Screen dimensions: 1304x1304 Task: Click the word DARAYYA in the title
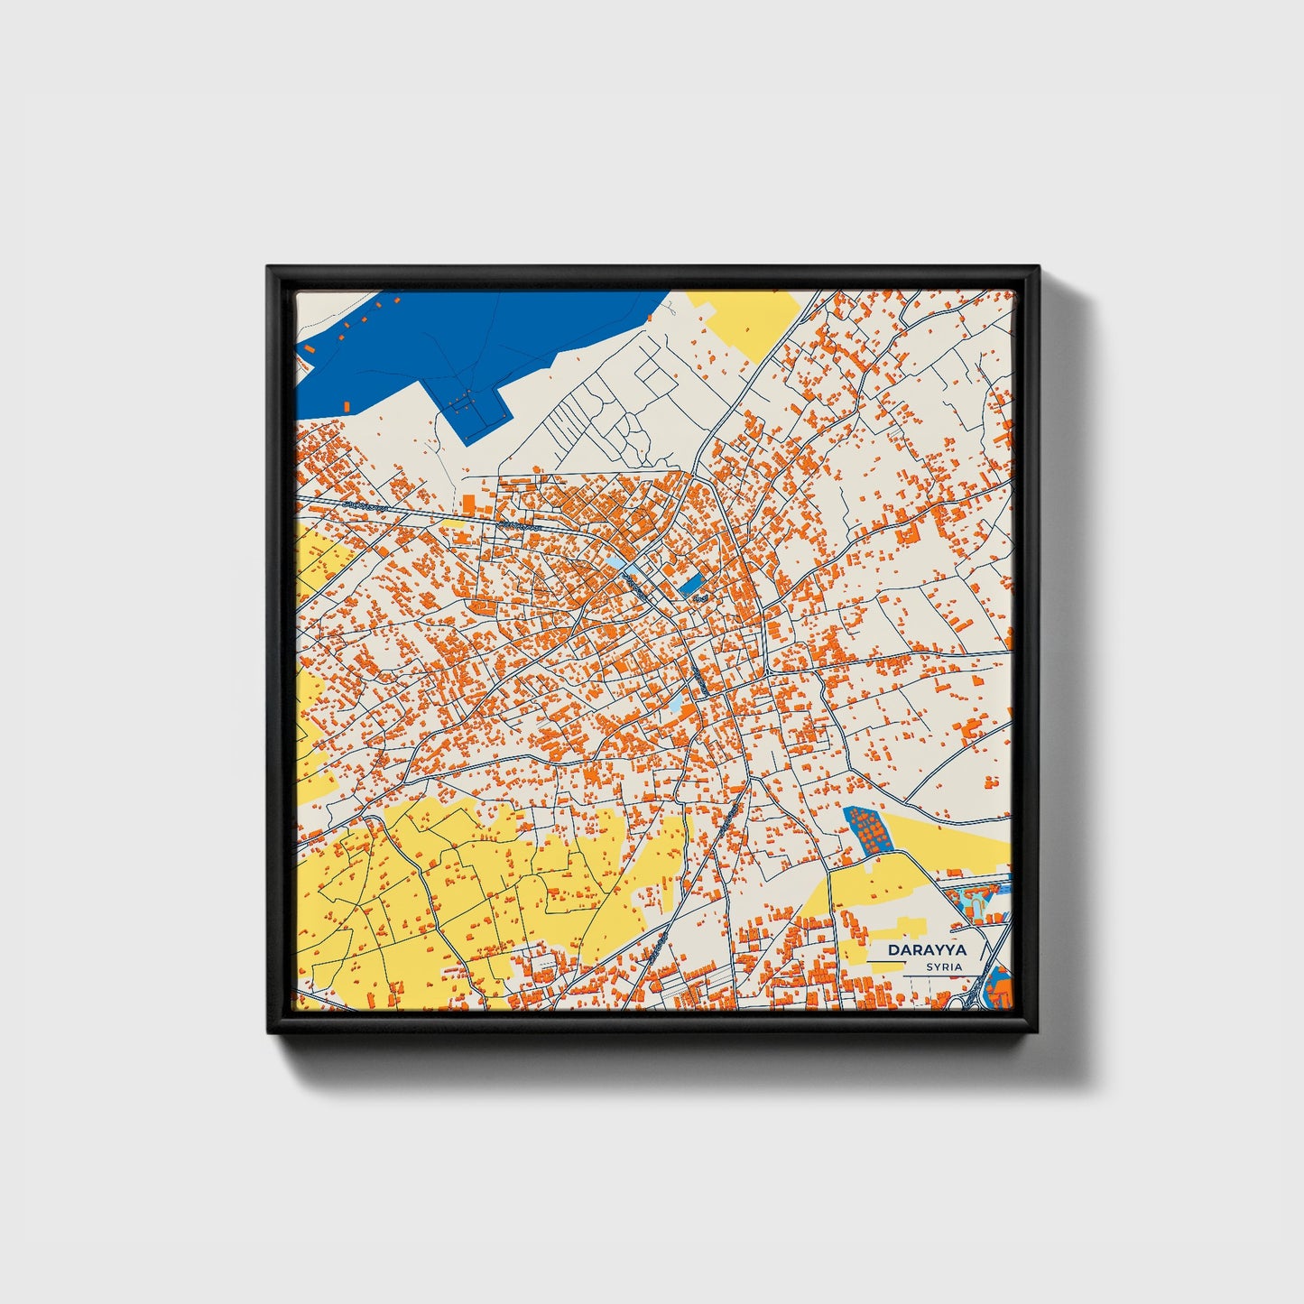click(926, 950)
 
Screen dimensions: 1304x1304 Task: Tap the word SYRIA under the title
click(943, 967)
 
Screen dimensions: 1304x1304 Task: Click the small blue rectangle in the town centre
click(691, 585)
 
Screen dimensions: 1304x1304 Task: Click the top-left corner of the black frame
click(269, 268)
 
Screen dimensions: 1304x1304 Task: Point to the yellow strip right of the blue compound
click(948, 835)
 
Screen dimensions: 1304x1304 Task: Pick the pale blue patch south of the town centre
click(676, 702)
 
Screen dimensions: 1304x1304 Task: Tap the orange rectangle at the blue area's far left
click(310, 347)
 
